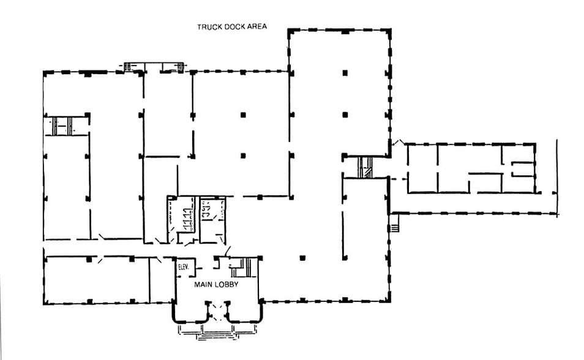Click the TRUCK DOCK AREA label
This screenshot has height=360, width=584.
pos(231,27)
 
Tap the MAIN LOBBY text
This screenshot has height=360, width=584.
pos(216,285)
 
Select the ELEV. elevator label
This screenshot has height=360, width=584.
pos(183,268)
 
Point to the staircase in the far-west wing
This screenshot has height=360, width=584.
pos(62,126)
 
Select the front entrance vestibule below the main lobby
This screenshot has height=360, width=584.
pos(217,311)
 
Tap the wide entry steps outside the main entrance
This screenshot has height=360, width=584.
pos(217,331)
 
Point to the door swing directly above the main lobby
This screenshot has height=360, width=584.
pos(228,250)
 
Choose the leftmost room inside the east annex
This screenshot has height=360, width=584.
pos(422,168)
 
